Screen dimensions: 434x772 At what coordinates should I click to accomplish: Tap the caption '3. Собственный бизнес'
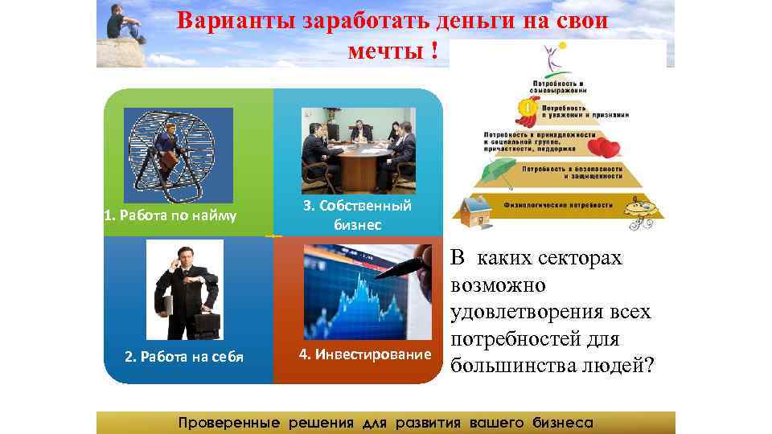(357, 215)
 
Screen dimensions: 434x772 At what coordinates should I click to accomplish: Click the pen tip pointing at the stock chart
(379, 275)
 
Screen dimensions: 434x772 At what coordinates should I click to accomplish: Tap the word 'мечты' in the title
(383, 50)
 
